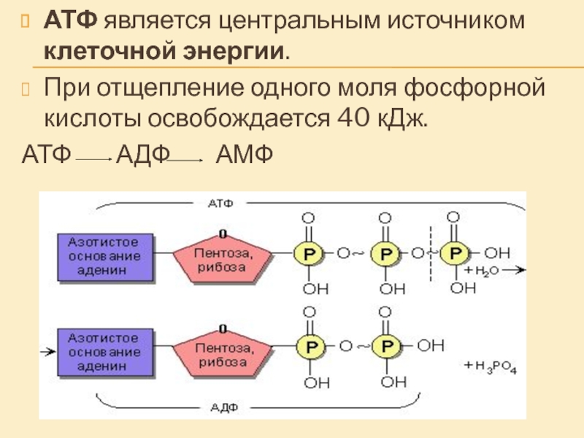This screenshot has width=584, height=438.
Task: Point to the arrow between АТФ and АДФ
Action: click(93, 158)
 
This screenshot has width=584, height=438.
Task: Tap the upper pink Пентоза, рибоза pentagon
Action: click(223, 257)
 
